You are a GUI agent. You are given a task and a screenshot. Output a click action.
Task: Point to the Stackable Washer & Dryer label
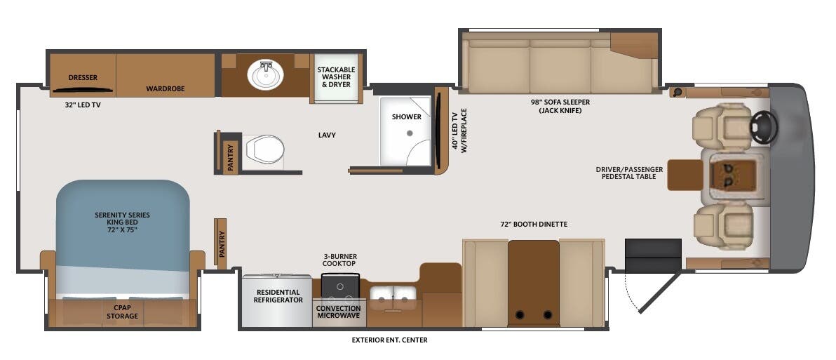click(336, 77)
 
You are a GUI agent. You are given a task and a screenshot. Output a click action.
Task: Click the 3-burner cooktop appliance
click(340, 286)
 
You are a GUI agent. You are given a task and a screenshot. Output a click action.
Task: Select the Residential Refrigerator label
click(278, 296)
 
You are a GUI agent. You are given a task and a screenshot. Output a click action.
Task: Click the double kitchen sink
click(393, 297)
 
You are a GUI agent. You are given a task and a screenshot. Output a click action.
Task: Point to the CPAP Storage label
click(122, 312)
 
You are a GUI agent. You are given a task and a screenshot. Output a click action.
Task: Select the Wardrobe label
click(165, 89)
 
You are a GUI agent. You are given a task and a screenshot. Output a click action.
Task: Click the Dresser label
click(83, 77)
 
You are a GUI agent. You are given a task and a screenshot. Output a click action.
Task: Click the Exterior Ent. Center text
click(389, 340)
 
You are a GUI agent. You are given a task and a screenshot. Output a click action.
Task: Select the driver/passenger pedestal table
click(685, 175)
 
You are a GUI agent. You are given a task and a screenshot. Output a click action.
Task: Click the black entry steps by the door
click(653, 255)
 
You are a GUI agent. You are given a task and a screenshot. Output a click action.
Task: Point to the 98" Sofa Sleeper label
click(560, 106)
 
